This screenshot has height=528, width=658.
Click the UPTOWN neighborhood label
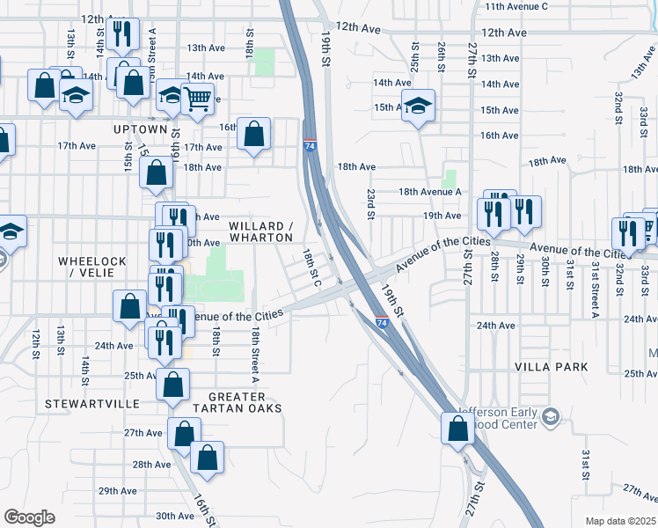tap(140, 129)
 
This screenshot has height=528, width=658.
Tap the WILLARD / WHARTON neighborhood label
tap(260, 231)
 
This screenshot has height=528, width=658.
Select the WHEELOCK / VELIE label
tap(92, 268)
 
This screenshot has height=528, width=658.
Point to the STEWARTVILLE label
tap(92, 403)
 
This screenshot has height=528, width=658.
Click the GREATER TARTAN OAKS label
tap(245, 402)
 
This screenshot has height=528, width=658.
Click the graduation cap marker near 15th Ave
tap(419, 106)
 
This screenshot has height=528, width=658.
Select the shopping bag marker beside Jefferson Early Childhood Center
tap(457, 429)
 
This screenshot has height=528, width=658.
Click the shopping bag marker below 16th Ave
tap(253, 135)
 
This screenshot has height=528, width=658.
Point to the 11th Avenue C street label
tap(515, 6)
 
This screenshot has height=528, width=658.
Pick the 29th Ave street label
tap(117, 491)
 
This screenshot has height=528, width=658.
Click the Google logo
tap(29, 517)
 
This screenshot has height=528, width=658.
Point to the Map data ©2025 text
tap(619, 521)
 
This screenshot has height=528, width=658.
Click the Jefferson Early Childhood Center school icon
tap(551, 415)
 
